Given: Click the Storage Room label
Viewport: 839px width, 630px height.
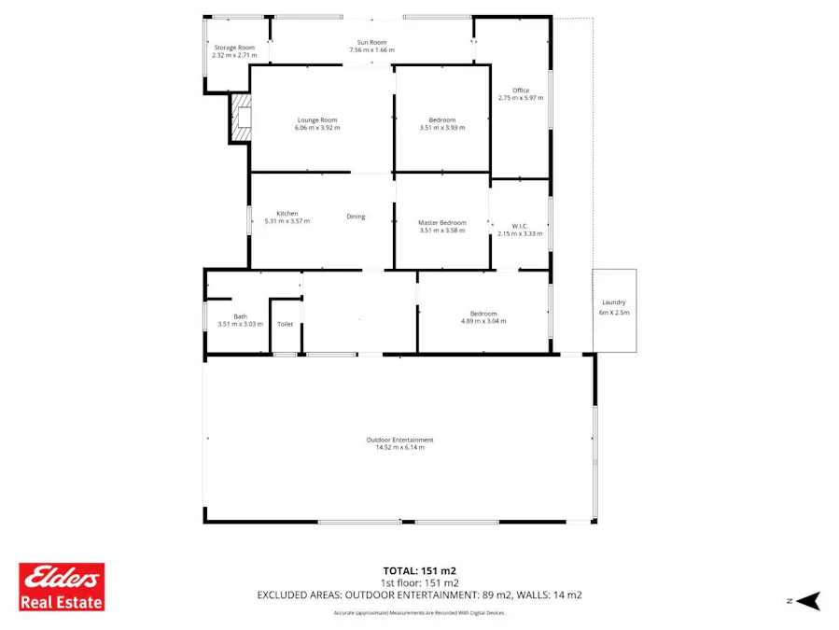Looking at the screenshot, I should click(x=234, y=48).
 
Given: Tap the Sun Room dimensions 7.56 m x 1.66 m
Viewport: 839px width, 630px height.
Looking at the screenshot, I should click(x=371, y=50).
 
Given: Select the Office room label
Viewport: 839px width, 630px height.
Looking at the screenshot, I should click(x=521, y=91).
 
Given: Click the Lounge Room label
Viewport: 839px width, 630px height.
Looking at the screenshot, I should click(x=317, y=119).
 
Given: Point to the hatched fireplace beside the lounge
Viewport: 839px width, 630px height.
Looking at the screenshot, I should click(x=242, y=119).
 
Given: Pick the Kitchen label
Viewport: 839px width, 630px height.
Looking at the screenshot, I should click(x=287, y=214).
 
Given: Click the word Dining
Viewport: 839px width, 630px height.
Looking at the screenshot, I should click(x=356, y=217).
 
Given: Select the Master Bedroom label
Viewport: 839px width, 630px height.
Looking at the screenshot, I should click(x=441, y=222).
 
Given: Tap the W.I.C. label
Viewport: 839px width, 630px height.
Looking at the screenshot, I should click(x=520, y=226).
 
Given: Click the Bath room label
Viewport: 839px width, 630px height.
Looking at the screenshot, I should click(x=241, y=316).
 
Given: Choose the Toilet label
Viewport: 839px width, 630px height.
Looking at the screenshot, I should click(x=285, y=324).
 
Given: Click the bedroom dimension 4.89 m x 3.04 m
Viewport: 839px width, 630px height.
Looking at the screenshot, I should click(x=483, y=321).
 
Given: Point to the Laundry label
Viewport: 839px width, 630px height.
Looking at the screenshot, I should click(x=614, y=302).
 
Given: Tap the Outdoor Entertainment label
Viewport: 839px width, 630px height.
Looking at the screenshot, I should click(x=399, y=440).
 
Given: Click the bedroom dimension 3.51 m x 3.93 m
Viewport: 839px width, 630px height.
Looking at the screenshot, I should click(x=442, y=128).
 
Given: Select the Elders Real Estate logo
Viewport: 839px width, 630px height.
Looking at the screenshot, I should click(x=63, y=586).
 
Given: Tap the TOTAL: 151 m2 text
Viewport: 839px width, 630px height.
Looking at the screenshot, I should click(x=419, y=570).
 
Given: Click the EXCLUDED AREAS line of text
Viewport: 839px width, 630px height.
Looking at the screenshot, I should click(x=419, y=595).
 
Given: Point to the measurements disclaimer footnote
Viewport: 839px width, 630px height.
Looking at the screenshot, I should click(x=419, y=613).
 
